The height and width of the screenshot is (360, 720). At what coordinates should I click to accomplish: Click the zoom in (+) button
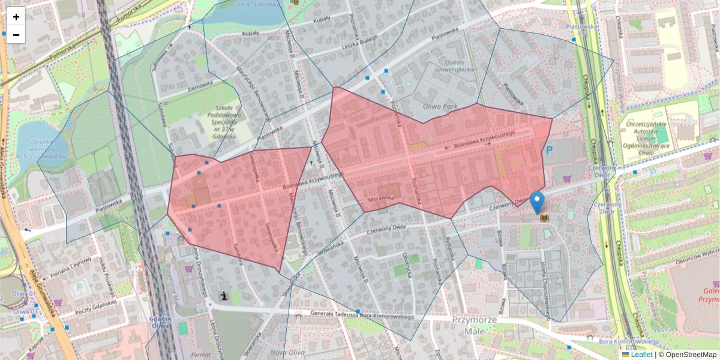pyautogui.click(x=16, y=17)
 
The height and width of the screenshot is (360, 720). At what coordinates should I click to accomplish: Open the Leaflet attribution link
pyautogui.click(x=641, y=355)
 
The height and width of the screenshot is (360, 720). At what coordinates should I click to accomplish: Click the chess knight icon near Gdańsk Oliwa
pyautogui.click(x=223, y=296)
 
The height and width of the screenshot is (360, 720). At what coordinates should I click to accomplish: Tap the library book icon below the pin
pyautogui.click(x=545, y=217)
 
